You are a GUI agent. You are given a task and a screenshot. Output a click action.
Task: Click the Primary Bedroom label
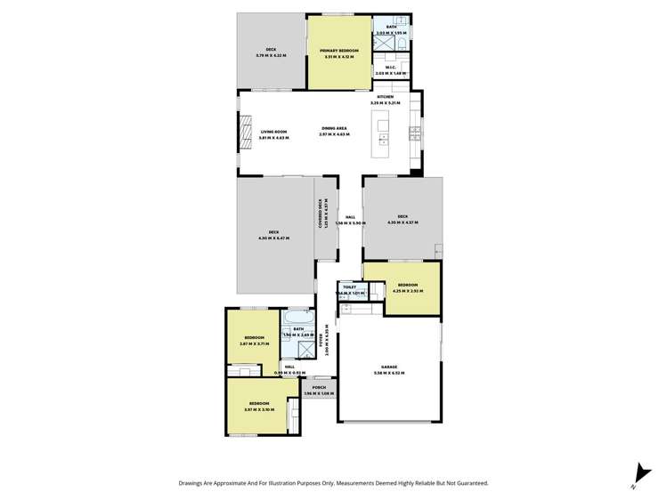339,52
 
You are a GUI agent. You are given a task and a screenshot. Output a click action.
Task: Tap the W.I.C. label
390,68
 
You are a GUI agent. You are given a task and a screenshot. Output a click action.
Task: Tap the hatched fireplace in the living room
248,134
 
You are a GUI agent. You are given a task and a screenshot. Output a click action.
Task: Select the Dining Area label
335,129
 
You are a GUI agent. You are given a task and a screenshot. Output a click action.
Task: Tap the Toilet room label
349,287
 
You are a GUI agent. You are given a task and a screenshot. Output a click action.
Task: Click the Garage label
389,367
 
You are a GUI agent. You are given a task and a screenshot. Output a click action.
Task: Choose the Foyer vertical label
328,340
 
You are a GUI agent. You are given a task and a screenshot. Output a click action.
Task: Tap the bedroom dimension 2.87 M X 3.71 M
253,344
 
